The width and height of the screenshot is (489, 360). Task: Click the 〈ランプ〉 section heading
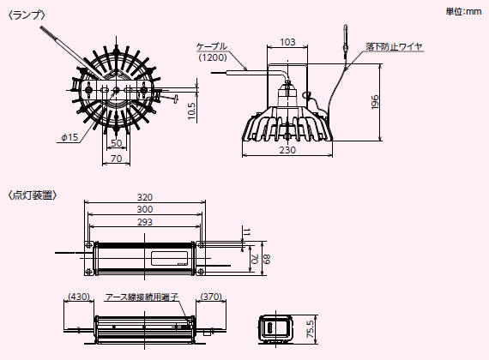tap(27, 15)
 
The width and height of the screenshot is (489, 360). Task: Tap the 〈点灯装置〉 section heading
tap(33, 195)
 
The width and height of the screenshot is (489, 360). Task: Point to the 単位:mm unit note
tap(463, 12)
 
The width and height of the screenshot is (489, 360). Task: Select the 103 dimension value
tap(287, 42)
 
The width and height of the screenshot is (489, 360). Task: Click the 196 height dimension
tap(375, 102)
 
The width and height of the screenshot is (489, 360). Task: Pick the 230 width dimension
tap(287, 150)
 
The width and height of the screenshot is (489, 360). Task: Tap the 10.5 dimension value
tap(191, 111)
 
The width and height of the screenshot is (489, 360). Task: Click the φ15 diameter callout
tap(69, 137)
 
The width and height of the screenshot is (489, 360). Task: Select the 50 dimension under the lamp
tap(117, 143)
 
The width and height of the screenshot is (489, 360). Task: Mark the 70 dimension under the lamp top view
tap(117, 159)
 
